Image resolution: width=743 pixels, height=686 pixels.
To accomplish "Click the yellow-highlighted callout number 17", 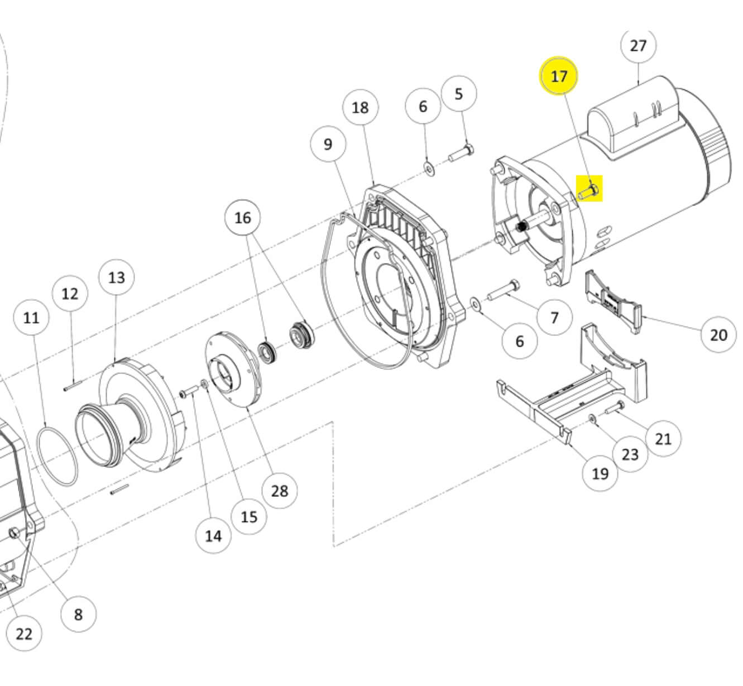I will coord(559,76).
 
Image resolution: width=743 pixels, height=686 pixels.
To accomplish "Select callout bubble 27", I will coord(638,46).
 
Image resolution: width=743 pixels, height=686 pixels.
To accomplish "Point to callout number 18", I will coord(361,107).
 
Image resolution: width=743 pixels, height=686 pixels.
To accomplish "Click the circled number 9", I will coord(328,144).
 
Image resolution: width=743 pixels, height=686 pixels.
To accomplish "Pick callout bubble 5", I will coord(459,94).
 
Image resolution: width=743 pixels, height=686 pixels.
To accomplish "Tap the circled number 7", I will coord(554,318).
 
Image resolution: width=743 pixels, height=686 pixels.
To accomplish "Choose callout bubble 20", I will coord(718,335).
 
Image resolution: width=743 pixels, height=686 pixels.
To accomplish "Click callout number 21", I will coord(663,439).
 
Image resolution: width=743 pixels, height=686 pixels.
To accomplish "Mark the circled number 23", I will coord(630,454).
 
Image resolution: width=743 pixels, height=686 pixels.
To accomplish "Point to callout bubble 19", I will coord(600,474).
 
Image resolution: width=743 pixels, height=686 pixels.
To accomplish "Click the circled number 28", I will coord(279,491).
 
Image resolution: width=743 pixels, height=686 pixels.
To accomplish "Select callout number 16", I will coord(242,218).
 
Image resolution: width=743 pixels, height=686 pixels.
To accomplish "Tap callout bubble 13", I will coord(117,277).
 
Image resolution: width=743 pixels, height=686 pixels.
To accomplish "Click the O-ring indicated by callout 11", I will coord(57,455).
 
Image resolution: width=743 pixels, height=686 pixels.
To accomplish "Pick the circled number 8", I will coord(78,615).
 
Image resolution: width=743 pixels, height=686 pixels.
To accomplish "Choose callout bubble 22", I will coord(24,634).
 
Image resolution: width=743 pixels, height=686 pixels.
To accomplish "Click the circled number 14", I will coord(213,536).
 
